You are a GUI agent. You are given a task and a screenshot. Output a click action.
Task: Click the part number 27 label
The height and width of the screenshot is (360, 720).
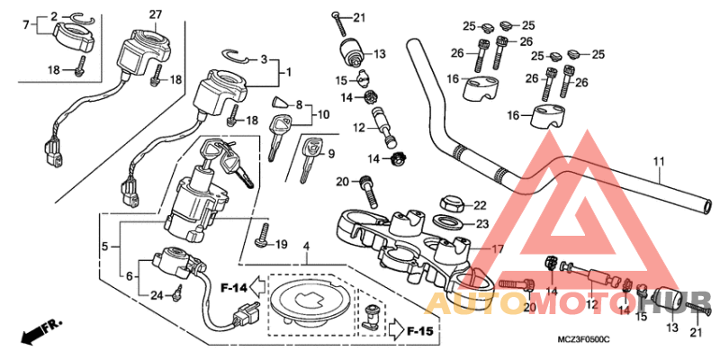pos(155,13)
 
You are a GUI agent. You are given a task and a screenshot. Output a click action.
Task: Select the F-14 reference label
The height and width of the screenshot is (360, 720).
pos(233,288)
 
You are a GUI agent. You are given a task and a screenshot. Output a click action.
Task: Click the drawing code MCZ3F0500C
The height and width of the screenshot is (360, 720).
pos(582,338)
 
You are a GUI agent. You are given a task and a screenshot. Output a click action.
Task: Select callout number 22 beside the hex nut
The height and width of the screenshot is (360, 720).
pos(479,205)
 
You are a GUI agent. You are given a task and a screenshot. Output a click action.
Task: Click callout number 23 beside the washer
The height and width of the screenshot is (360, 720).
pos(482,224)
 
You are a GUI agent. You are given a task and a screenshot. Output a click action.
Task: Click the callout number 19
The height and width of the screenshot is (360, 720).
pos(280,244)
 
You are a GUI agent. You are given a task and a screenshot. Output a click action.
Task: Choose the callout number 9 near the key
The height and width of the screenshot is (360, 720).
pos(330,154)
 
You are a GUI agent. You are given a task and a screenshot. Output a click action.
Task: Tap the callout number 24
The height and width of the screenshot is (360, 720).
pos(156,296)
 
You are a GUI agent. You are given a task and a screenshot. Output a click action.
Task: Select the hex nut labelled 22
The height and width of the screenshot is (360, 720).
pos(451,204)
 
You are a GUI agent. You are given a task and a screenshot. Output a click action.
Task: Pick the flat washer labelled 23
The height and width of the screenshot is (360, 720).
pos(449,221)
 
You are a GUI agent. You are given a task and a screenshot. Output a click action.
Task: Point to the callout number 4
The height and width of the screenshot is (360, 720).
pos(306,246)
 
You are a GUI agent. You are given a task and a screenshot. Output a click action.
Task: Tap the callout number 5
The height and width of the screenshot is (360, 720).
pos(104,245)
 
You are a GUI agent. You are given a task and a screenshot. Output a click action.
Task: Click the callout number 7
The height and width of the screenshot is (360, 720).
pos(24,24)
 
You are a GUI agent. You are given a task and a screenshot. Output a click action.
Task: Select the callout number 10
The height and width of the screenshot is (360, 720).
pos(323,114)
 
